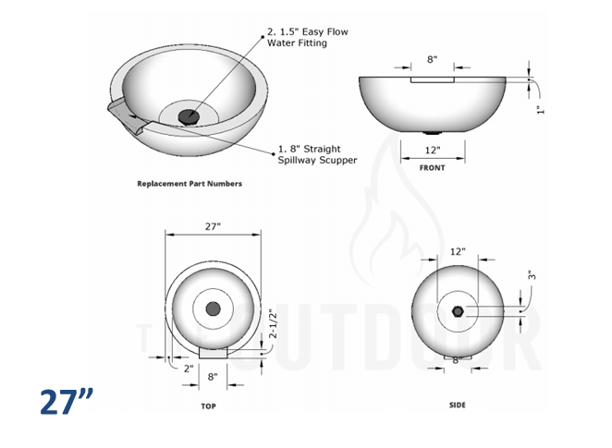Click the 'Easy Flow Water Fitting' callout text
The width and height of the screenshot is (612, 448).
307,37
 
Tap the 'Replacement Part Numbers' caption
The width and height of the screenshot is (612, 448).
190,184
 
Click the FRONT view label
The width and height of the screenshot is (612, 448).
432,168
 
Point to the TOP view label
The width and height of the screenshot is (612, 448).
209,406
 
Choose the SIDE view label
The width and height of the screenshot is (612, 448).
458,406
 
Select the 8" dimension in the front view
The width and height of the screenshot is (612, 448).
432,60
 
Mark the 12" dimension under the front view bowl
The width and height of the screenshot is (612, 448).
432,150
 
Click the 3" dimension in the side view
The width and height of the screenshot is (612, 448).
532,274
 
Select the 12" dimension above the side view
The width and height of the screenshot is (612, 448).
458,251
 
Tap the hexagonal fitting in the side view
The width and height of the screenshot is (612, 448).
458,312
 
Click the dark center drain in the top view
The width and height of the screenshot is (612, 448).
214,309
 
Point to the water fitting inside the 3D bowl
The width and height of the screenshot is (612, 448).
190,116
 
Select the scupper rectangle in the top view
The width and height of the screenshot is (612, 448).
214,353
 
